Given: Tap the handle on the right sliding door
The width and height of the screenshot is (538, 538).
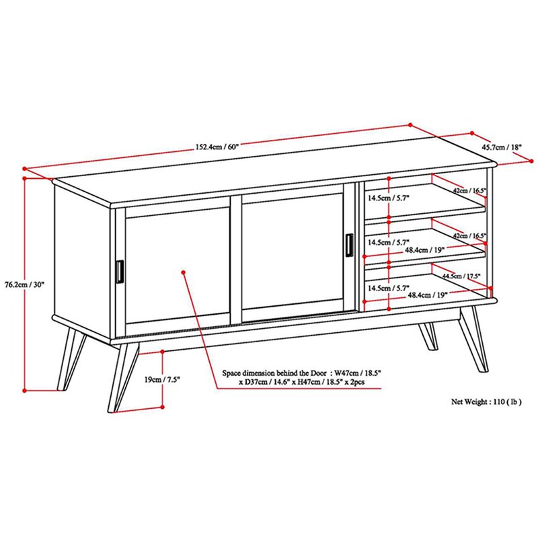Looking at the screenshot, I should pos(349,244).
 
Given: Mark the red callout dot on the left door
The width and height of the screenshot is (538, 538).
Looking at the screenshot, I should pos(184,272).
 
